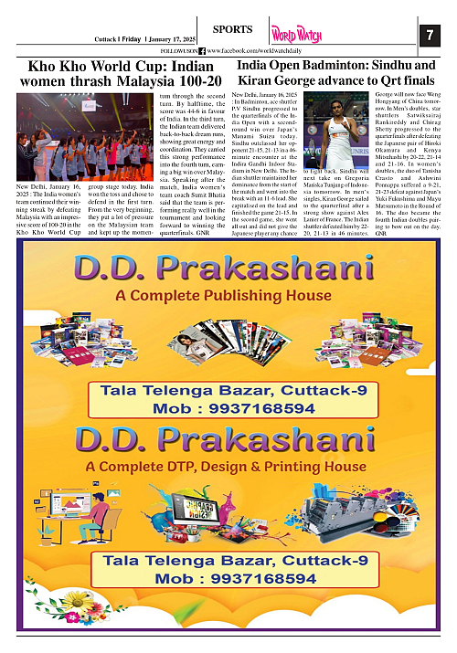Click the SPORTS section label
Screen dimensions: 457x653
[225, 29]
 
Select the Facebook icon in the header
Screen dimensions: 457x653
[201, 50]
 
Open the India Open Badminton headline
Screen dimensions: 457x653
[336, 73]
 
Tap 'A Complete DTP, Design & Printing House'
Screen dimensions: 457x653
[225, 467]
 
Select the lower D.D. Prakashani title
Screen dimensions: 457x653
[227, 438]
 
